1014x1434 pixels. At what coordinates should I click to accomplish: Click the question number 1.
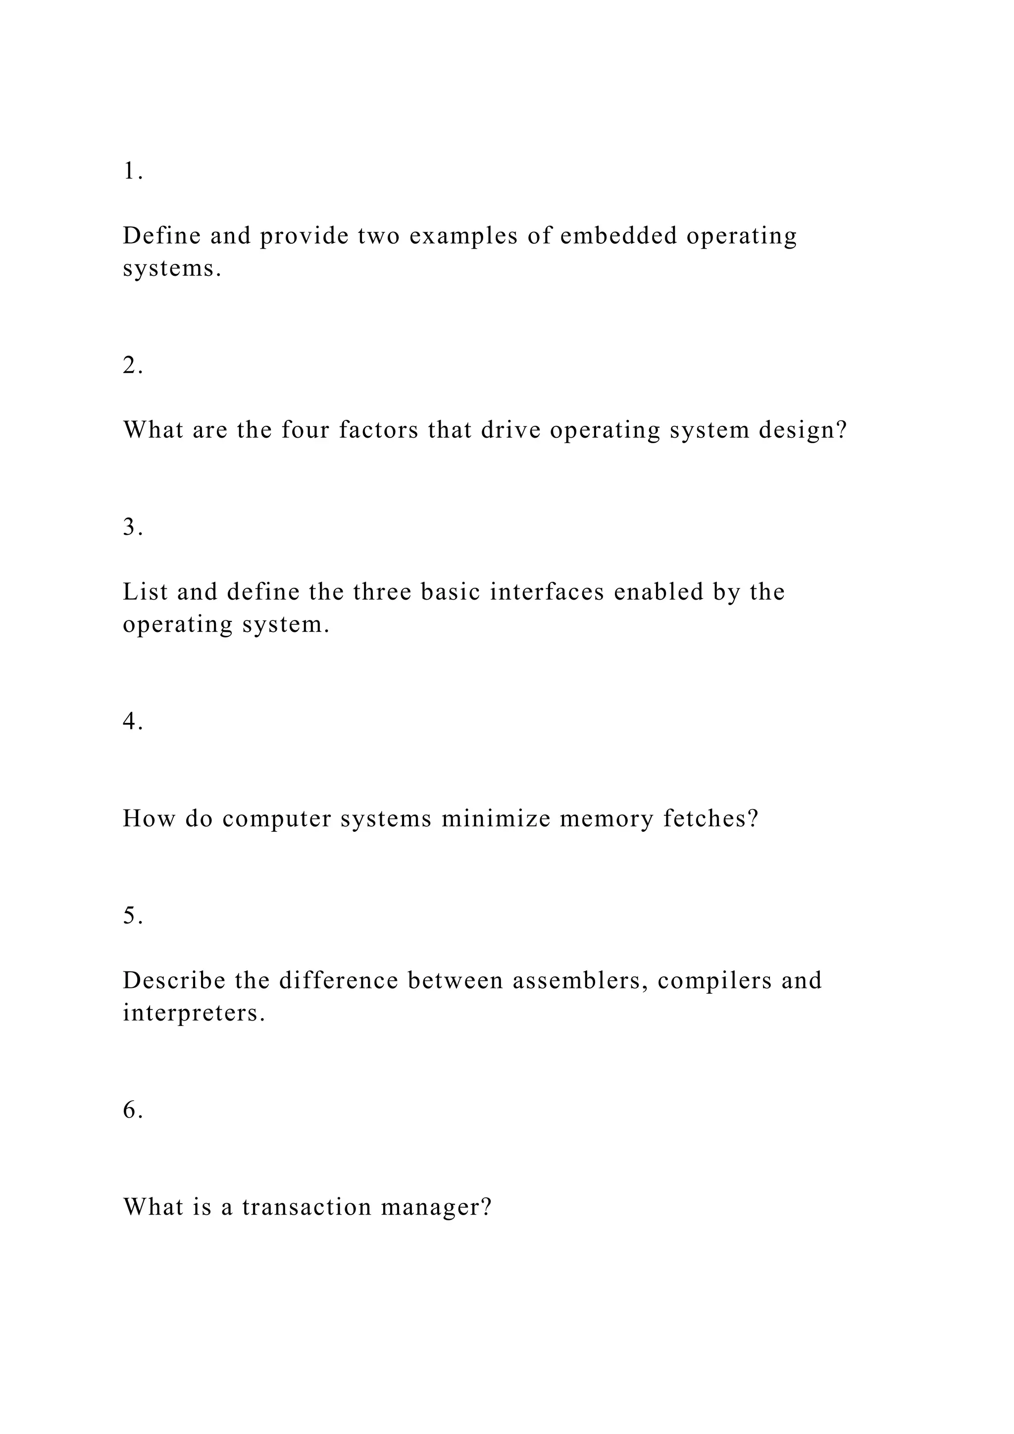pos(132,171)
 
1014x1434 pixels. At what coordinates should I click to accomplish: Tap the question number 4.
pos(132,722)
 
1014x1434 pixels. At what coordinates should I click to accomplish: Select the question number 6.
pos(132,1111)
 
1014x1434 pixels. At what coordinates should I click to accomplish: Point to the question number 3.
pos(132,528)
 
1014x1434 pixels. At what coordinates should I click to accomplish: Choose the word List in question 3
pos(146,592)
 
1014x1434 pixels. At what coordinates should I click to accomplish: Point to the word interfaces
pos(547,592)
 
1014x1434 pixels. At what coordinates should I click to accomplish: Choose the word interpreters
pos(194,1014)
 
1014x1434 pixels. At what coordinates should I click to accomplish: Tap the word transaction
pos(306,1207)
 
